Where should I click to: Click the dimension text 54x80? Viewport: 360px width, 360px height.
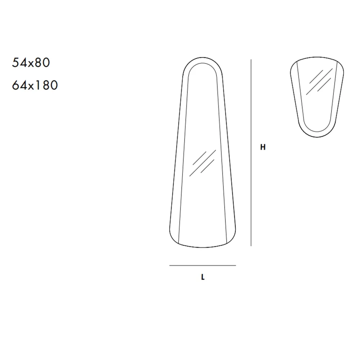click(31, 63)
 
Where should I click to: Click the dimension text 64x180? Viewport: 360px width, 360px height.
click(35, 85)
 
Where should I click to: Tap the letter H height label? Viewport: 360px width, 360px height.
click(263, 147)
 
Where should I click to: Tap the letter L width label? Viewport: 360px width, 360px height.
click(203, 277)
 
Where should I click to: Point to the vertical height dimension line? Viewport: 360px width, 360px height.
click(251, 153)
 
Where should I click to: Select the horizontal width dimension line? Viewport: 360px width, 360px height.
click(202, 265)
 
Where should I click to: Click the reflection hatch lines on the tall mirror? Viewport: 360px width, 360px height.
click(203, 163)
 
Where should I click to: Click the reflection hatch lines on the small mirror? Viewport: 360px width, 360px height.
click(319, 81)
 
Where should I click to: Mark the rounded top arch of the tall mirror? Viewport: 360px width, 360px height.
click(202, 58)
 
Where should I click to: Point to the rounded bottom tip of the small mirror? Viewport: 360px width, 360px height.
click(317, 137)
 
